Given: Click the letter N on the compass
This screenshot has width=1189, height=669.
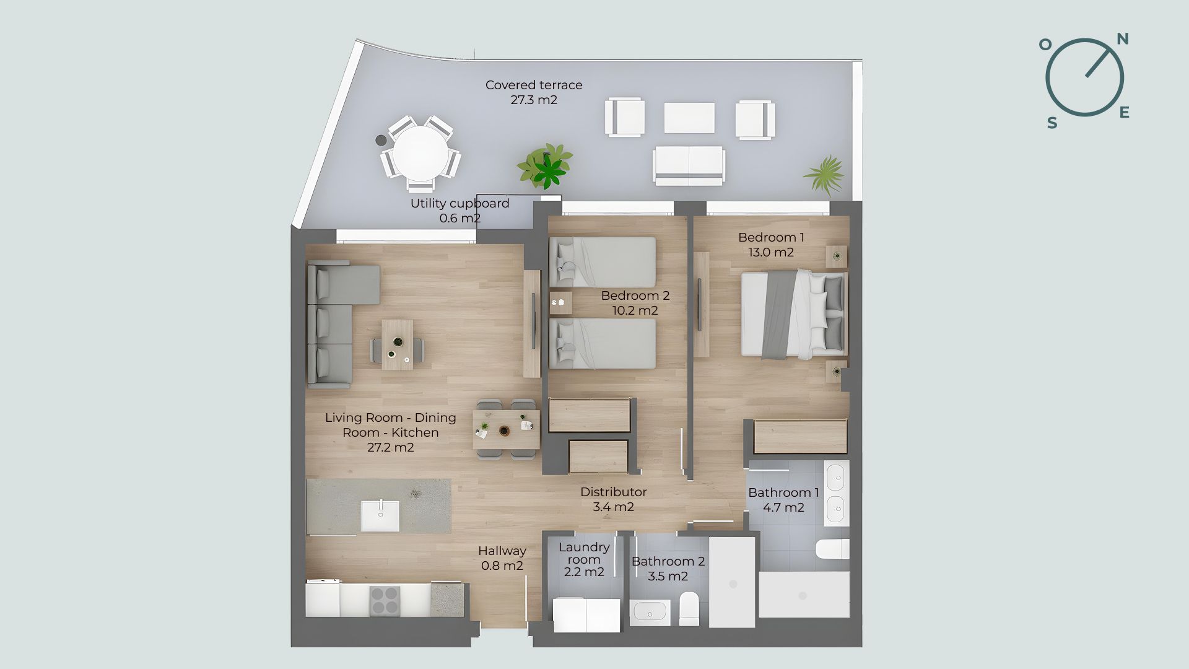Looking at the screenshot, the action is pos(1122,39).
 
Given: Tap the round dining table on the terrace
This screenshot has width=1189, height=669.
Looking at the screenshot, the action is pos(421,153).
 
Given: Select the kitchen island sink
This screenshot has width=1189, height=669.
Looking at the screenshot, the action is pos(380,516).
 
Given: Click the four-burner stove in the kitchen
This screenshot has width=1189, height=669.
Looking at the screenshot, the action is pos(385,600).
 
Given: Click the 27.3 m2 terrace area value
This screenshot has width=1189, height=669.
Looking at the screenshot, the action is pos(534,100).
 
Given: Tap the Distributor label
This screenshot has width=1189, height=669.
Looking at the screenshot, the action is pos(613,492).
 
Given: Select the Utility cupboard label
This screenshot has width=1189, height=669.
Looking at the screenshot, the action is pos(459,203).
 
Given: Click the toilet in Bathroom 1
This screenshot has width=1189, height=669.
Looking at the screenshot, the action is pos(832,549).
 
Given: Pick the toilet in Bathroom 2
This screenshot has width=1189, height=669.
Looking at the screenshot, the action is pos(689,608).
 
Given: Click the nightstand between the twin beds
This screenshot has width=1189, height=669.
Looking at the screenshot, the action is pos(560,303).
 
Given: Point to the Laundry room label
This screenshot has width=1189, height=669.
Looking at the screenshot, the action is pos(584,553).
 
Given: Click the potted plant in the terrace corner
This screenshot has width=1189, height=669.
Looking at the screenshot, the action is pos(825,175).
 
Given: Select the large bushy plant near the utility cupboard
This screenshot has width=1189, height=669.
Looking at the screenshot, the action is pos(546,166).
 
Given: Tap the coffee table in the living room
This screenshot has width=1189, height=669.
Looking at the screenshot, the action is pos(397,344).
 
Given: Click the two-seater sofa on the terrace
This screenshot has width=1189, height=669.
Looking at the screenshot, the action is pos(688,165).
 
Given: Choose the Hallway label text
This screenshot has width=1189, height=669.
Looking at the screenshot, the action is pos(502,551).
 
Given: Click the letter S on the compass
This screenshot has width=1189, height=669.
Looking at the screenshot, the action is pos(1052,123).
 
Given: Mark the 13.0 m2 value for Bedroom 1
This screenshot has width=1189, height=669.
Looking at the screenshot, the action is pos(771,252).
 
